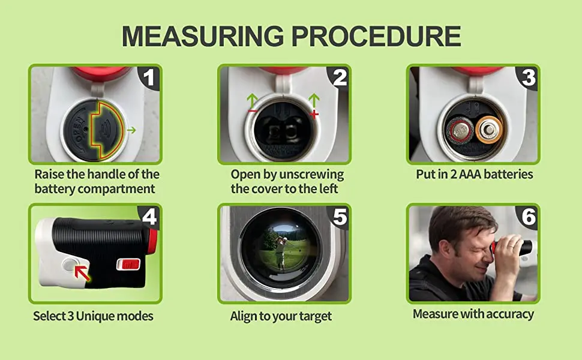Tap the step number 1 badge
pyautogui.click(x=150, y=77)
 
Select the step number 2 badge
pyautogui.click(x=340, y=77)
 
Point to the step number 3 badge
pyautogui.click(x=529, y=77)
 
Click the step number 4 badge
pyautogui.click(x=150, y=216)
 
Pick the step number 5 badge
pyautogui.click(x=340, y=216)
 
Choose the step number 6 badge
pyautogui.click(x=529, y=216)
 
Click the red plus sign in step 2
pyautogui.click(x=314, y=113)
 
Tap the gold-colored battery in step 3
pyautogui.click(x=489, y=129)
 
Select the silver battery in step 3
pyautogui.click(x=460, y=129)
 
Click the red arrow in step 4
pyautogui.click(x=82, y=274)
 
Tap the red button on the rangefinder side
pyautogui.click(x=127, y=263)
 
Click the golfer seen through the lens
pyautogui.click(x=279, y=252)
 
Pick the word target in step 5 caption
pyautogui.click(x=314, y=316)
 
